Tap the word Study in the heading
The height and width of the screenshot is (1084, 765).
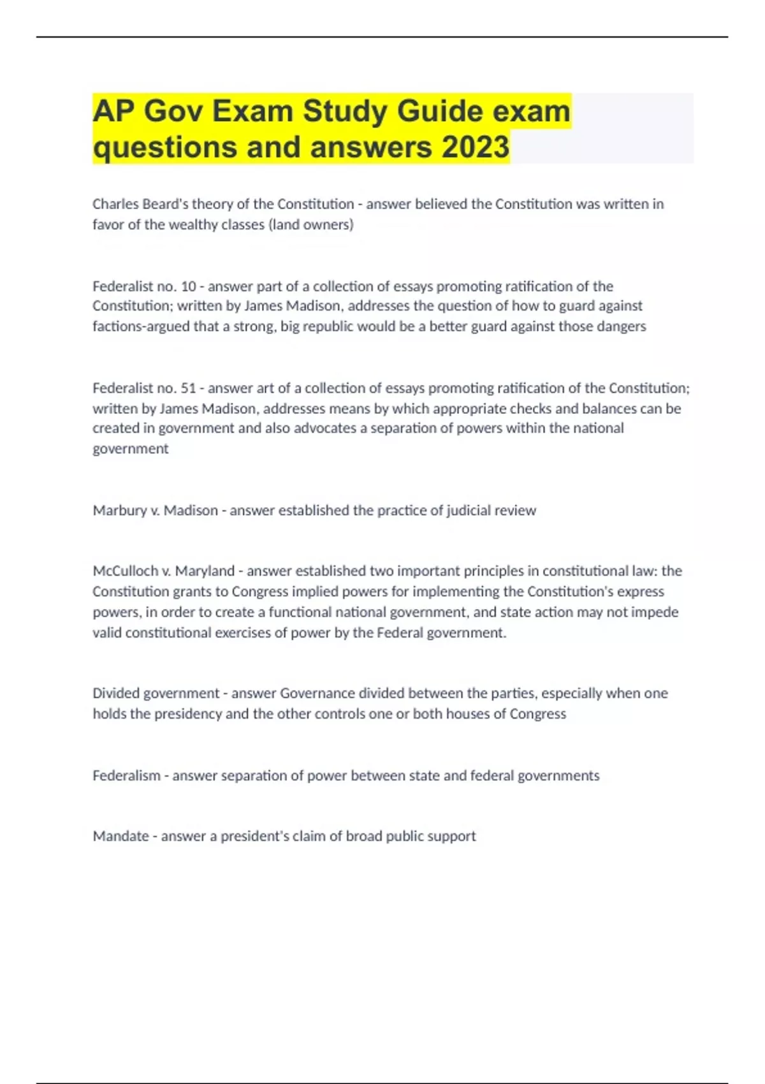point(344,111)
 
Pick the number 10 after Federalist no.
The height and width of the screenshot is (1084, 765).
point(188,286)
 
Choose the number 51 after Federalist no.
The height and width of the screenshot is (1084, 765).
point(188,388)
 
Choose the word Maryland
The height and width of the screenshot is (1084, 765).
point(205,571)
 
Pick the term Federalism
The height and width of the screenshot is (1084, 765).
point(126,776)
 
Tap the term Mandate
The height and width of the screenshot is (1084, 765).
point(120,836)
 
